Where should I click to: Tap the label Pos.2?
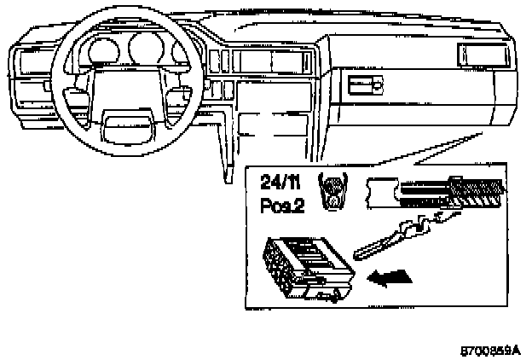pyautogui.click(x=277, y=204)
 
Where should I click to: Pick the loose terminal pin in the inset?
pyautogui.click(x=402, y=235)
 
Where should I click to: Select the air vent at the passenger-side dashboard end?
pyautogui.click(x=483, y=55)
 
